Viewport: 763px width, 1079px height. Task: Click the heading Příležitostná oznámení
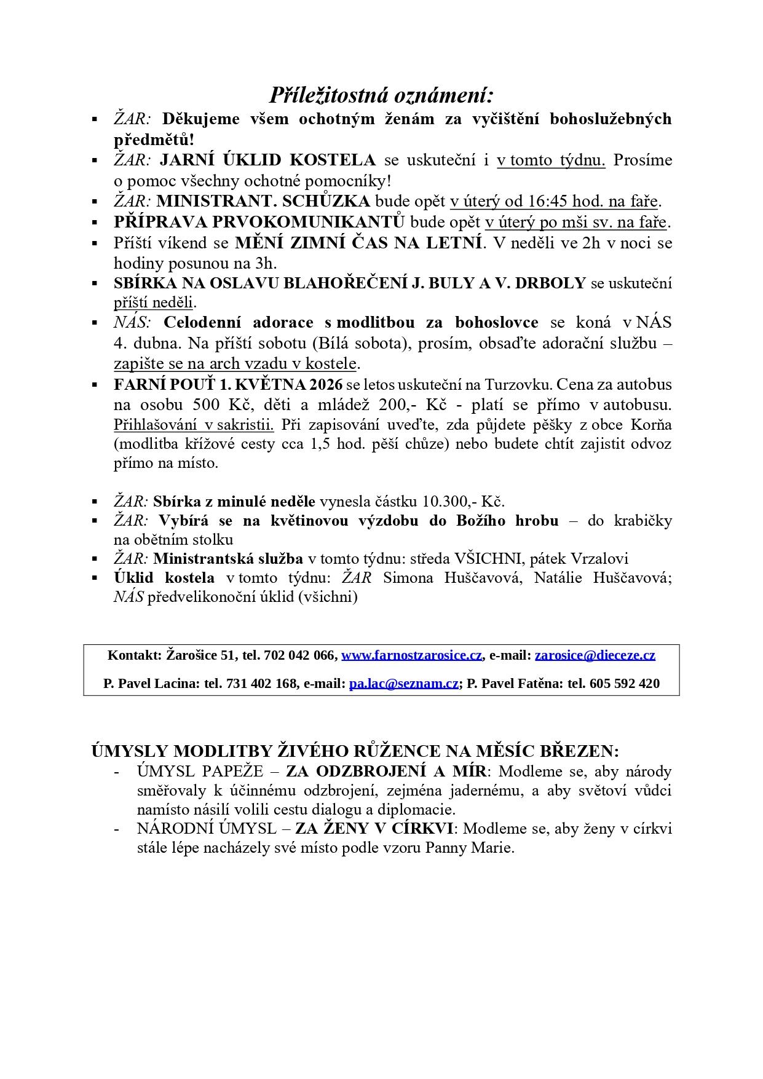[381, 95]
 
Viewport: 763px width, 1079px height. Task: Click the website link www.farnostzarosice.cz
[411, 655]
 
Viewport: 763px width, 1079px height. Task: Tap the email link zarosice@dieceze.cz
[595, 655]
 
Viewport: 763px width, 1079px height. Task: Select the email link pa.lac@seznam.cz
[403, 684]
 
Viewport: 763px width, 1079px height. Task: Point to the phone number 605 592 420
[624, 684]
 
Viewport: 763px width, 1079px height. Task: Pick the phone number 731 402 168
[261, 684]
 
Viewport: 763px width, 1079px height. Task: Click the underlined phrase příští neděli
[154, 302]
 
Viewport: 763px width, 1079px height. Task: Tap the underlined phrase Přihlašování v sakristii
[194, 425]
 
